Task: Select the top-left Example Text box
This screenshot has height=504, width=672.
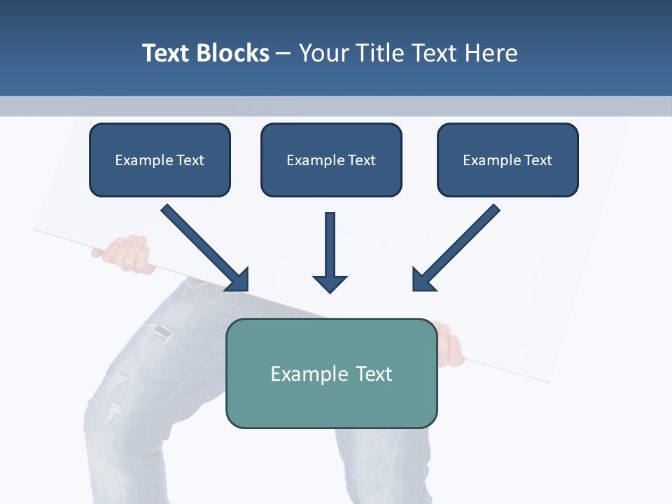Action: (x=160, y=160)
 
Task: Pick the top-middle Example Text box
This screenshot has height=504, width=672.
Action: (x=331, y=160)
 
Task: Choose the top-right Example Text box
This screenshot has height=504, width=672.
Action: (x=507, y=160)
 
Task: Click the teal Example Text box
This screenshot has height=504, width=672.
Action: (x=331, y=373)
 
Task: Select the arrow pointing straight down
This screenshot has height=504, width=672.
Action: (x=330, y=252)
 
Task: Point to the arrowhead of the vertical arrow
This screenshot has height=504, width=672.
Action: (x=330, y=283)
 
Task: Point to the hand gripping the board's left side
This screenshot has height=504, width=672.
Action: (x=126, y=253)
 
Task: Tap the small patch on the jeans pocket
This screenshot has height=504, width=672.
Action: (x=162, y=333)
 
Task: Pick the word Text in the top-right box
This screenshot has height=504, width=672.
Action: (x=538, y=160)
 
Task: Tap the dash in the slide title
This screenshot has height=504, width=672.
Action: (x=283, y=54)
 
